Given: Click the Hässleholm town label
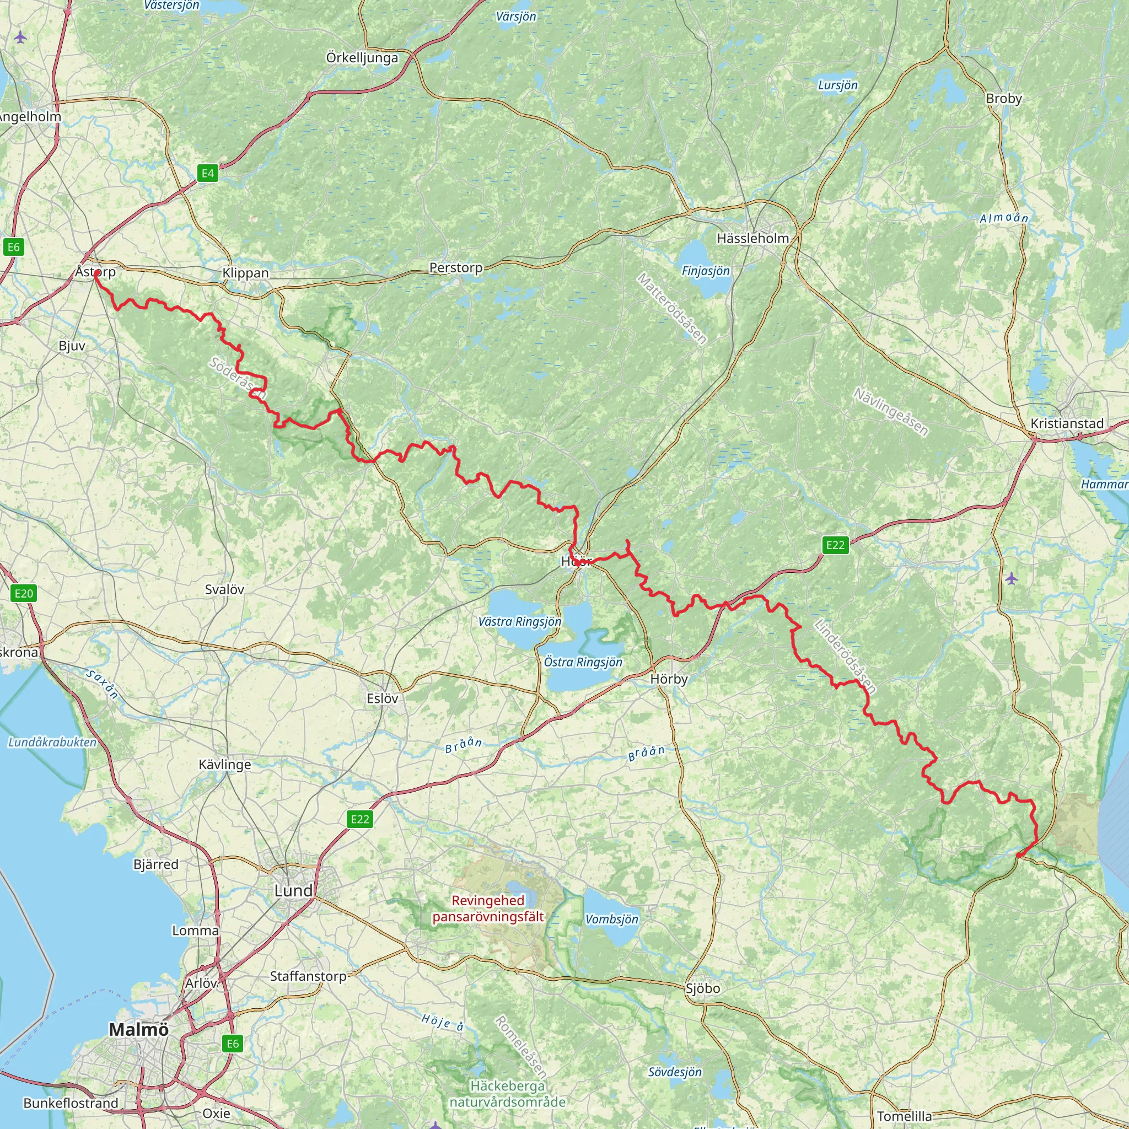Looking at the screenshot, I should click(752, 238).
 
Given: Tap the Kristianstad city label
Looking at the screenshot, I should click(1067, 424).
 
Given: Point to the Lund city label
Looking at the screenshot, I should click(293, 891).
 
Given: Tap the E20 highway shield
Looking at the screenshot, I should click(23, 594).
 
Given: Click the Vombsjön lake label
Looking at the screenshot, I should click(612, 919).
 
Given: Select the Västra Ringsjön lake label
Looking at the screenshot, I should click(519, 622).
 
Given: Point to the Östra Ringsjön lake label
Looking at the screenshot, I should click(583, 662).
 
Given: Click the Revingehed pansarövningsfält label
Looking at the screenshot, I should click(488, 908).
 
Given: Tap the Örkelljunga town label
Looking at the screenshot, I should click(362, 58).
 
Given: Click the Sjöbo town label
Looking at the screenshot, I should click(702, 988).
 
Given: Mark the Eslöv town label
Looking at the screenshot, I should click(383, 698).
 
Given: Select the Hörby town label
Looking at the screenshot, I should click(669, 679).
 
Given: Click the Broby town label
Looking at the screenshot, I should click(1003, 99).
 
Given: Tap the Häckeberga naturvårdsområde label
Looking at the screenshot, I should click(507, 1094).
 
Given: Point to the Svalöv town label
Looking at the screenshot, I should click(224, 590).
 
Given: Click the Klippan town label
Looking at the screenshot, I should click(245, 273).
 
